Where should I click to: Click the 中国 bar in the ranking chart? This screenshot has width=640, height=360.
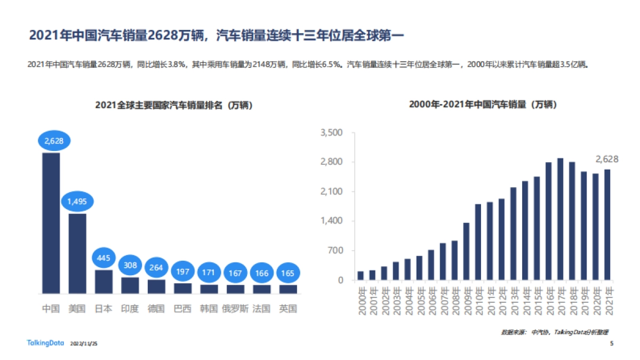51,223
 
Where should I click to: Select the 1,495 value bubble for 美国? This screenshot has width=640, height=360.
77,201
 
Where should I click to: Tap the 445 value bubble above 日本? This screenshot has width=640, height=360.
103,258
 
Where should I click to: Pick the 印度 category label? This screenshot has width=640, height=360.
130,309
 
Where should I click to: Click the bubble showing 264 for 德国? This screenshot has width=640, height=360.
156,267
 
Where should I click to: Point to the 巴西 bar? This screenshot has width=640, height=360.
182,288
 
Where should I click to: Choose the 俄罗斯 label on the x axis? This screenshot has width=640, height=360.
235,309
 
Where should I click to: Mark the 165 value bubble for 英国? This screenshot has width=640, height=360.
288,273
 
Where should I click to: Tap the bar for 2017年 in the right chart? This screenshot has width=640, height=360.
560,219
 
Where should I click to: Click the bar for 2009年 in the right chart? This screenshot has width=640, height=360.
466,251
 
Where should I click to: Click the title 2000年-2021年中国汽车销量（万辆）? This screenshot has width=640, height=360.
483,105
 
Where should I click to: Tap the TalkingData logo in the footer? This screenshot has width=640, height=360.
44,343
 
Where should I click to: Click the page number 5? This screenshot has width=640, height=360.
611,343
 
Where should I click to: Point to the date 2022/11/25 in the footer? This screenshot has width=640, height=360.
84,344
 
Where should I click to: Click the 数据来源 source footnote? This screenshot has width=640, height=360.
555,332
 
